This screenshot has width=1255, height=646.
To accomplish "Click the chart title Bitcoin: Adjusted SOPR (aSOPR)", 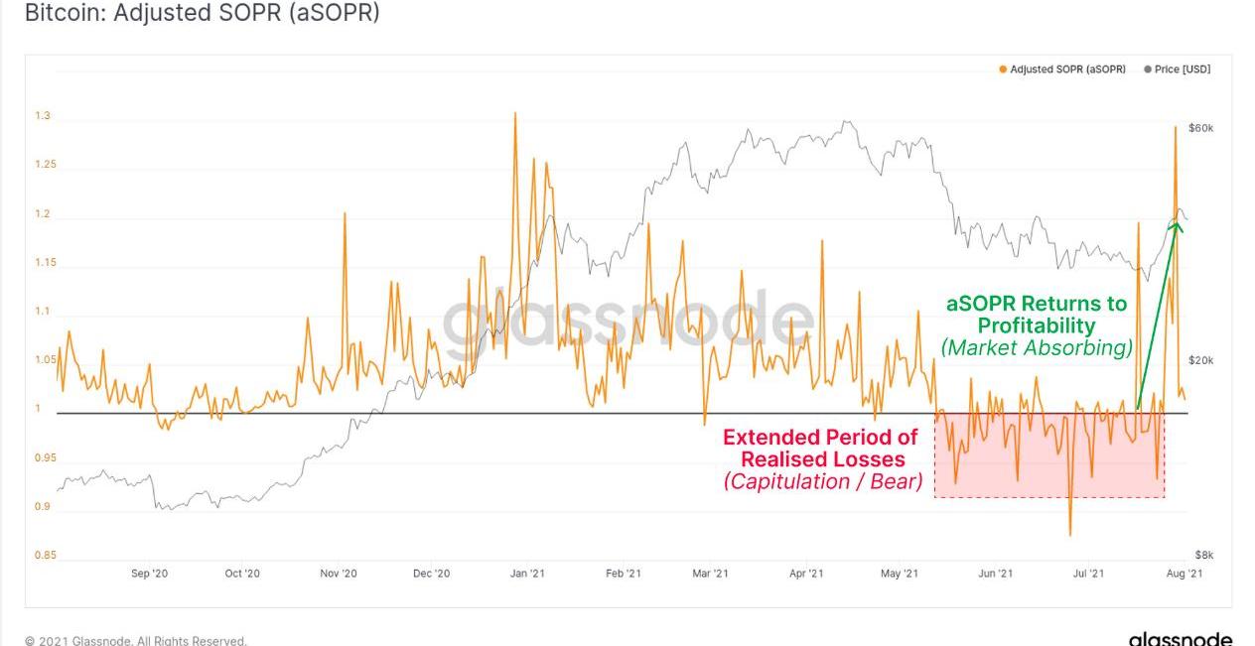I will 202,13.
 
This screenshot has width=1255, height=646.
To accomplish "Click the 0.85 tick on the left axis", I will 45,556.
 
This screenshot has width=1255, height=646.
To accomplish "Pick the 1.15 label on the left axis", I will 45,263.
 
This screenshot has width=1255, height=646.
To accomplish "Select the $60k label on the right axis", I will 1201,129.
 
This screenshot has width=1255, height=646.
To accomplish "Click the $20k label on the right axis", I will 1201,361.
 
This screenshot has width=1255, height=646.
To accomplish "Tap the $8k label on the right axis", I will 1203,556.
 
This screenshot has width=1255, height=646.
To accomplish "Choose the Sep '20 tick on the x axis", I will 149,574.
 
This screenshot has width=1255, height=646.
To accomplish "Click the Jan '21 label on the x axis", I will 526,574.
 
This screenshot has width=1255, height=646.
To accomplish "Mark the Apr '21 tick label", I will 806,574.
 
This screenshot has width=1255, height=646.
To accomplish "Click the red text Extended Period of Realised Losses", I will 821,448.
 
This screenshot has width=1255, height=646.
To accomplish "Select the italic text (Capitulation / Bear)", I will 823,482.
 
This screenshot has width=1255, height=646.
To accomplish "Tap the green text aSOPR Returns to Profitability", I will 1037,314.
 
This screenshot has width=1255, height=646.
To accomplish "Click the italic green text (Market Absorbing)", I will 1037,348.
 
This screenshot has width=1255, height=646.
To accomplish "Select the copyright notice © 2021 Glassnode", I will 135,641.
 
